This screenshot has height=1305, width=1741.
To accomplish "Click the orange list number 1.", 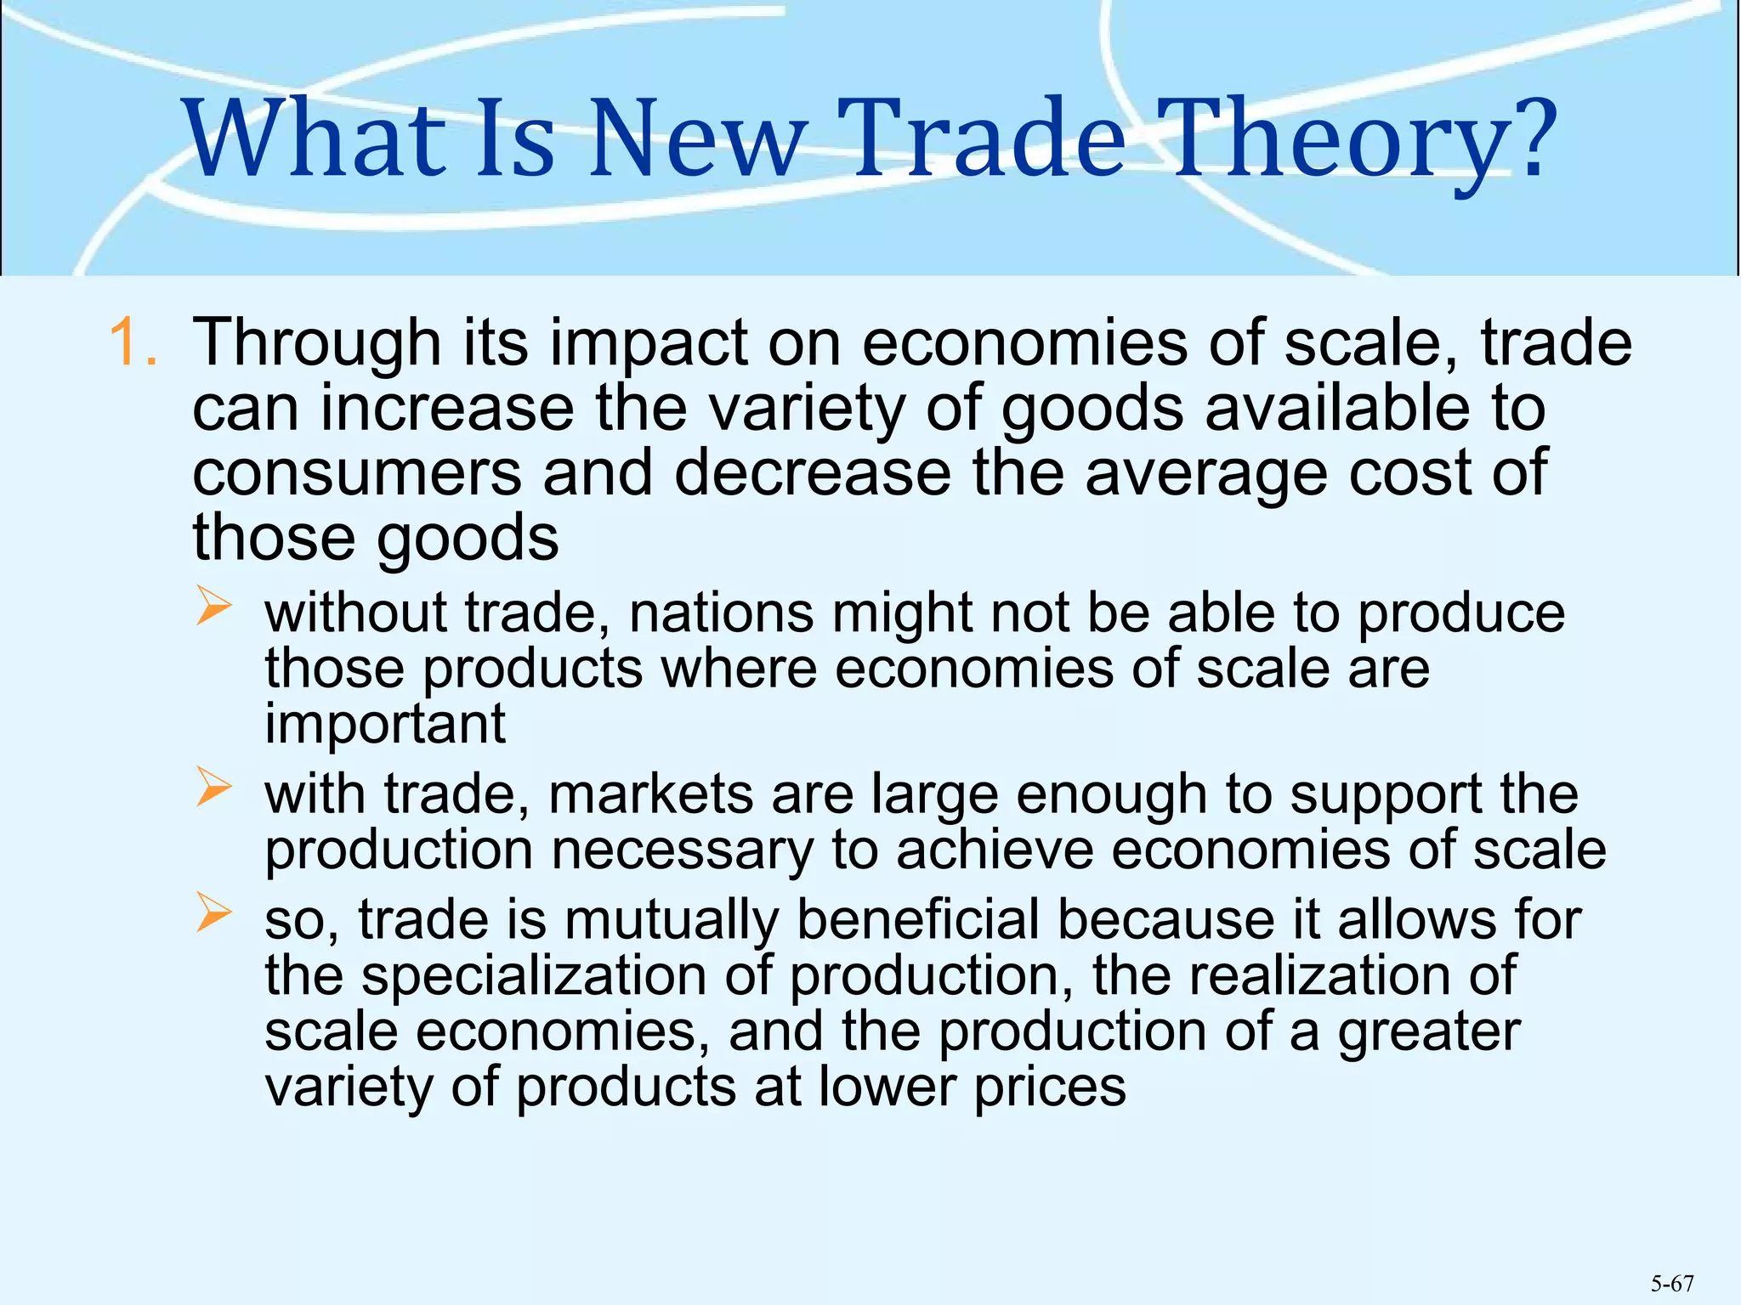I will pyautogui.click(x=133, y=343).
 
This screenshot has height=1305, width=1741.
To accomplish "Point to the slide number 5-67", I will pyautogui.click(x=1672, y=1283).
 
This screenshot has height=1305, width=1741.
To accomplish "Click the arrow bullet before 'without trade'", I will pyautogui.click(x=213, y=606).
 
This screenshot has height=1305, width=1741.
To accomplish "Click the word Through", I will pyautogui.click(x=317, y=343).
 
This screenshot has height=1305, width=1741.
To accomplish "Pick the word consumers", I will pyautogui.click(x=357, y=473).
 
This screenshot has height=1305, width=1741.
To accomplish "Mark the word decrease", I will pyautogui.click(x=812, y=473).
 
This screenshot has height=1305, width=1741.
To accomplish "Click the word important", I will pyautogui.click(x=385, y=724).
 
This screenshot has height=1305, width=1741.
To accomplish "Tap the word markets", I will pyautogui.click(x=650, y=794).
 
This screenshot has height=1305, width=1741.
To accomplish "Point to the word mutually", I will pyautogui.click(x=671, y=920).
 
